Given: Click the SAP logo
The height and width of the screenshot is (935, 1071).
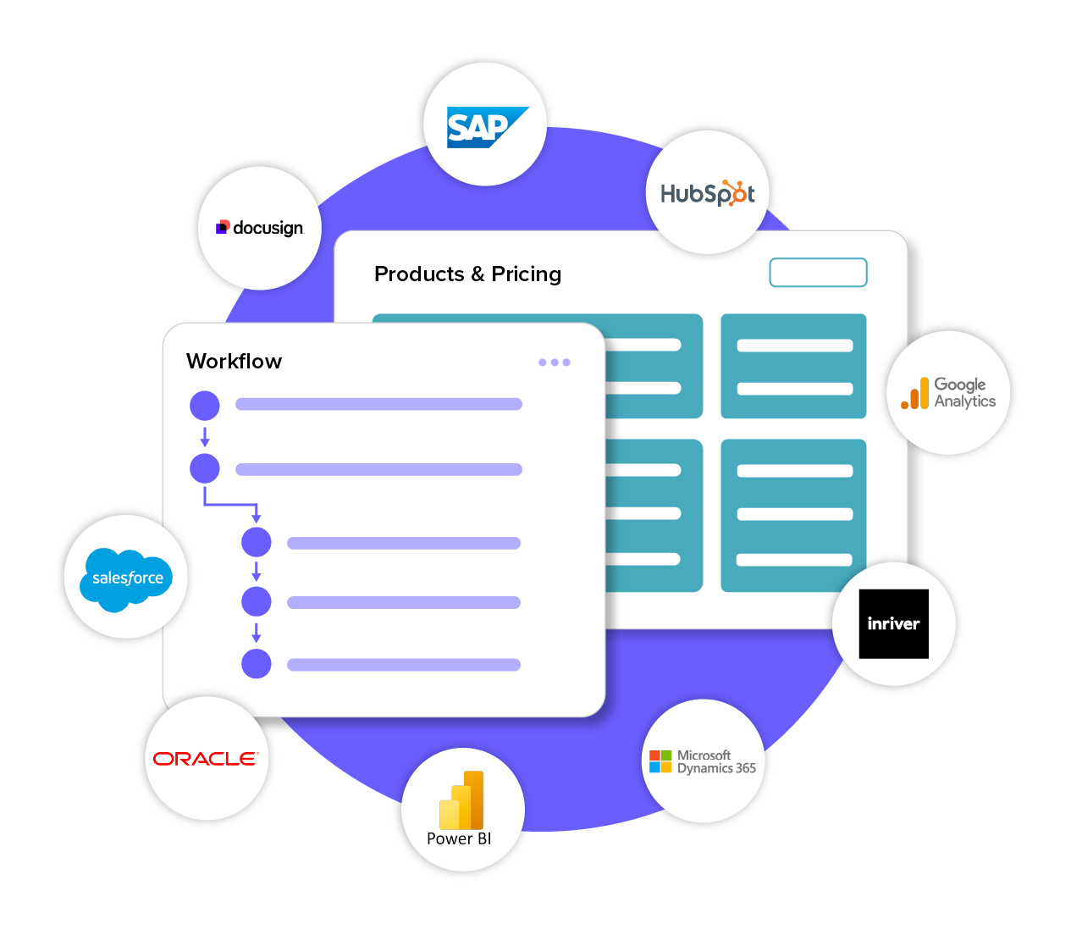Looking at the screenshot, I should click(487, 127).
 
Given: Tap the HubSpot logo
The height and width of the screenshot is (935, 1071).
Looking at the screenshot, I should click(708, 194).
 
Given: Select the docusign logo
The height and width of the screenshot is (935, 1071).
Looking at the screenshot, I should click(260, 228).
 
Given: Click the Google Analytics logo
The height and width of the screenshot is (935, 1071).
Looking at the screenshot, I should click(948, 393).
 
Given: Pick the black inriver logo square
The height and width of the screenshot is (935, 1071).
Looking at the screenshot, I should click(893, 624).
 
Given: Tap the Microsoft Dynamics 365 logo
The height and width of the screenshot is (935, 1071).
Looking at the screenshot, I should click(703, 761).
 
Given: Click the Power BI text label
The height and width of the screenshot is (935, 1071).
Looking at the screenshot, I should click(459, 838).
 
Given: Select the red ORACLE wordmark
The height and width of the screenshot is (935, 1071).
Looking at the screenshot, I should click(205, 759).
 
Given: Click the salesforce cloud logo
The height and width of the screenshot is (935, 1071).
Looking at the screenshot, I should click(127, 578).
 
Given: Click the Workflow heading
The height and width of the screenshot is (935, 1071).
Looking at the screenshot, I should click(234, 362).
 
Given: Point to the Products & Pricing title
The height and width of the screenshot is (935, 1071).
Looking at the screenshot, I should click(467, 274).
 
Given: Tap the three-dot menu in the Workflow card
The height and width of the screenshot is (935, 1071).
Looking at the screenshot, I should click(555, 362).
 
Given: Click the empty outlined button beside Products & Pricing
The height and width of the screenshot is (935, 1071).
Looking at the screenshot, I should click(818, 273).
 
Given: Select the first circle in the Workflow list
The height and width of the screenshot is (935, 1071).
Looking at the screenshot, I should click(205, 406).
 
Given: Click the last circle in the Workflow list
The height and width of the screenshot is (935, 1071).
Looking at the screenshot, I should click(257, 664).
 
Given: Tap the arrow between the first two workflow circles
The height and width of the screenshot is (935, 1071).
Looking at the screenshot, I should click(205, 437).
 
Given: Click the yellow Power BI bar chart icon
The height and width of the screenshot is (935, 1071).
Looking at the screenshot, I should click(461, 800).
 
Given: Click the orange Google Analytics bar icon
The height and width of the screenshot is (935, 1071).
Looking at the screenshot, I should click(915, 394).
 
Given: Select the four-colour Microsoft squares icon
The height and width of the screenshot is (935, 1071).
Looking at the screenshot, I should click(660, 761).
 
